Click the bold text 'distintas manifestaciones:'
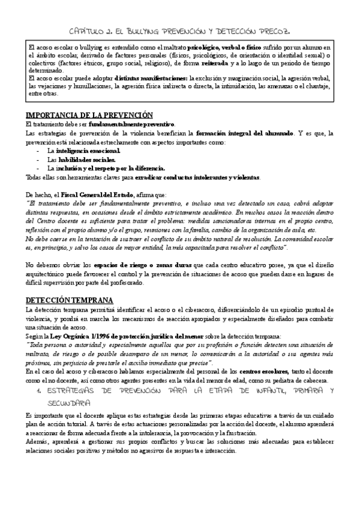150,77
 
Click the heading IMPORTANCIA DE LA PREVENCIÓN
89,115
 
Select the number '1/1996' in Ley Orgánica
95,336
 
